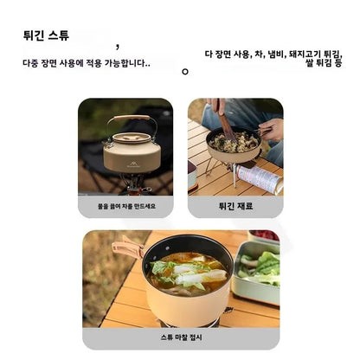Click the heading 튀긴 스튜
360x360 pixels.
coord(46,35)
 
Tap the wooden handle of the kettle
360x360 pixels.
coord(132,118)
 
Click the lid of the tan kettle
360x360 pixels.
coord(132,138)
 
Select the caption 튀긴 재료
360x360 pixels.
coord(235,206)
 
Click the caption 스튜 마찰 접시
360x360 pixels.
coord(181,337)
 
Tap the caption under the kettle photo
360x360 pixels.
coord(126,206)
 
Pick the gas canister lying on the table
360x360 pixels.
coord(259,179)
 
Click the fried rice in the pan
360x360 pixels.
coord(234,142)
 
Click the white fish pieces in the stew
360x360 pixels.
coord(199,274)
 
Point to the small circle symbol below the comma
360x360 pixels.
coord(185,72)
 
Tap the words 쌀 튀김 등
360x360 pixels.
coord(324,63)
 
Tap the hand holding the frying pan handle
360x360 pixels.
coord(272,129)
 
